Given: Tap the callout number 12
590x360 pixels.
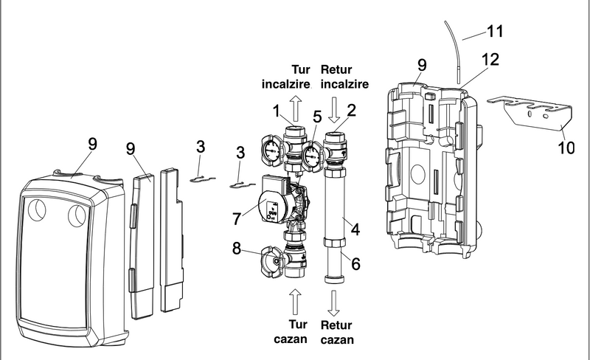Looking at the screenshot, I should click(x=491, y=57).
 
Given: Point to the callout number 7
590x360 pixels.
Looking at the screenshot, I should click(x=235, y=219).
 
